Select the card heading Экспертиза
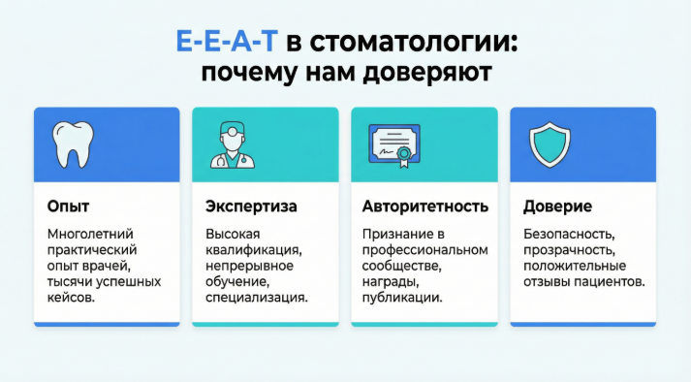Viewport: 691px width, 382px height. tap(251, 207)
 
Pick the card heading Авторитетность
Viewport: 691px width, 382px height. tap(424, 207)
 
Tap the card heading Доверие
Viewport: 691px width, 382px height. tap(557, 207)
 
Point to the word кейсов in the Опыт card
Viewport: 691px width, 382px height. tap(70, 297)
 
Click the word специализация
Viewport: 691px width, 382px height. tap(256, 297)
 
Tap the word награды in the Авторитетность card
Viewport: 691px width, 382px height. tap(390, 281)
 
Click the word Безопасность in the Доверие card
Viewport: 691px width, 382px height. tap(569, 235)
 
